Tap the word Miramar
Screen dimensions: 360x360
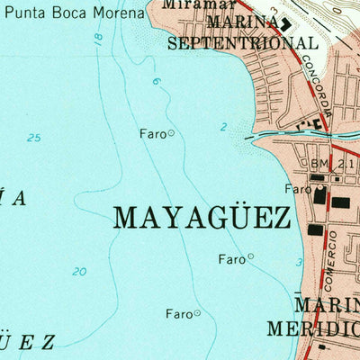[x=186, y=4]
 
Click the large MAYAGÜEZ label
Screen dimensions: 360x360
[x=202, y=217]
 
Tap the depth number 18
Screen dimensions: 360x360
[x=97, y=39]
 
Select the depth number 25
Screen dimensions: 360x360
[x=34, y=138]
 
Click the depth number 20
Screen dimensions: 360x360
[x=79, y=272]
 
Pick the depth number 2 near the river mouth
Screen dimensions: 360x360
[x=223, y=127]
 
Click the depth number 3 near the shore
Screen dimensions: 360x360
[x=300, y=262]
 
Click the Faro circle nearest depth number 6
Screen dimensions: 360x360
[x=171, y=133]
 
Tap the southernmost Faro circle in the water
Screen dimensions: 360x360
[x=197, y=313]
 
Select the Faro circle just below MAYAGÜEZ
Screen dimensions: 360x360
[x=251, y=256]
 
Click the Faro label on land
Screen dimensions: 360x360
[x=297, y=189]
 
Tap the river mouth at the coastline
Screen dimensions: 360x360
[x=256, y=136]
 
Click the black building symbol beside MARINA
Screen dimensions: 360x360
[x=286, y=25]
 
